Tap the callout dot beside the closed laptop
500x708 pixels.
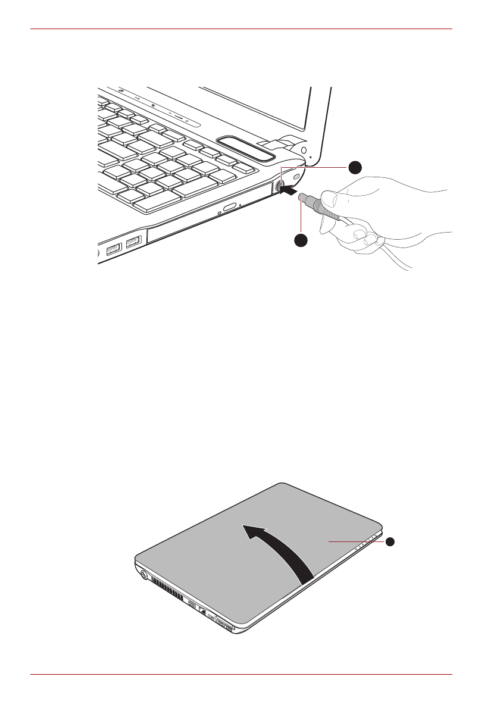coord(389,542)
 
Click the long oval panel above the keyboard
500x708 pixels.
coord(246,149)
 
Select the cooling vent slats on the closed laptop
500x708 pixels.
coord(167,589)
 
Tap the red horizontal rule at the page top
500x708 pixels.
coord(241,28)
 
